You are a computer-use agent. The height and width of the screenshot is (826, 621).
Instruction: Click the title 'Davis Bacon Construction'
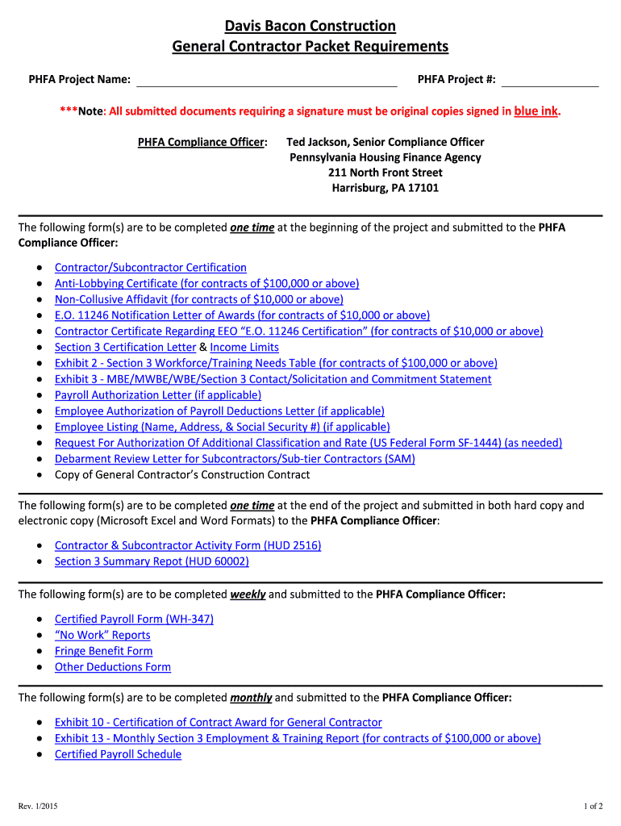coord(310,27)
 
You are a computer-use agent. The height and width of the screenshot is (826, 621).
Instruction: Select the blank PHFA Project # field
coord(550,80)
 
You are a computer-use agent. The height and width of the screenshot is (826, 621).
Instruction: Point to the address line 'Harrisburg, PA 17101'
coord(385,188)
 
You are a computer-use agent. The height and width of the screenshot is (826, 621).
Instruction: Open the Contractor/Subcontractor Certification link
coord(151,268)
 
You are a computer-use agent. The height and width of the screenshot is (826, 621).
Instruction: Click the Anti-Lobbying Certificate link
coord(206,283)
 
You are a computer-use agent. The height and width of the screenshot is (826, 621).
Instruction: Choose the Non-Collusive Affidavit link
coord(198,299)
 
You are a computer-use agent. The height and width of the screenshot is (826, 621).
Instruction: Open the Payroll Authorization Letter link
coord(158,395)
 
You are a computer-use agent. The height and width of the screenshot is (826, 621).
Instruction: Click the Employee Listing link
coord(222,427)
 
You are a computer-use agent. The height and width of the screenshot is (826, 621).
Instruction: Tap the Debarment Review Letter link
coord(235,459)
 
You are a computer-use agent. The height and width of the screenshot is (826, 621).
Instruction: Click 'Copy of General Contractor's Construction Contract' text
coord(182,475)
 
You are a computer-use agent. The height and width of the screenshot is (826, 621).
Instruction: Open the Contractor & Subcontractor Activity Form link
coord(188,546)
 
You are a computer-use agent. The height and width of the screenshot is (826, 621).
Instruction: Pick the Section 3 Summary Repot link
coord(152,561)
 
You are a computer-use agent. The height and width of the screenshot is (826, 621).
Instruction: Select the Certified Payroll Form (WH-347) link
coord(134,619)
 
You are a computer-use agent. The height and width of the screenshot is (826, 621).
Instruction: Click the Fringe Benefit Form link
coord(103,651)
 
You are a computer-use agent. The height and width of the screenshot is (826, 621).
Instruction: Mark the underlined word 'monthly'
coord(251,698)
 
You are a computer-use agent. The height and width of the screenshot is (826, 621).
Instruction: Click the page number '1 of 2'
coord(593,806)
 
